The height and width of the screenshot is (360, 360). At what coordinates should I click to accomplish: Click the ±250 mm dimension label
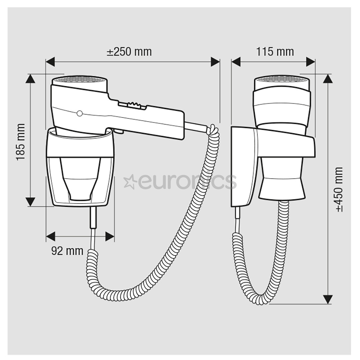click(129, 52)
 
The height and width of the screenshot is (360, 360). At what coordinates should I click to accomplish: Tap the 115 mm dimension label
click(275, 52)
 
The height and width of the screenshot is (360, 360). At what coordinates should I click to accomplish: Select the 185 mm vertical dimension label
click(21, 142)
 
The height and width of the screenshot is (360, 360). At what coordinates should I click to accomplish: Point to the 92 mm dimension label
click(67, 251)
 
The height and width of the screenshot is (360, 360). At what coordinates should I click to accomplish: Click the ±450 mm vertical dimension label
click(339, 189)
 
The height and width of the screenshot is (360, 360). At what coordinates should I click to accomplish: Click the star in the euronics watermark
click(129, 182)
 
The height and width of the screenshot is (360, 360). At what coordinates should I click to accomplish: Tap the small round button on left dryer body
click(79, 114)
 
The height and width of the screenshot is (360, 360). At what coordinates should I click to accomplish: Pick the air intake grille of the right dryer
click(282, 80)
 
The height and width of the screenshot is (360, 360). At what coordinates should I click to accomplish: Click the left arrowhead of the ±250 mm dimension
click(50, 62)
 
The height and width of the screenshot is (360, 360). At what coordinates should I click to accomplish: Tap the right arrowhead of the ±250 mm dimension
click(215, 62)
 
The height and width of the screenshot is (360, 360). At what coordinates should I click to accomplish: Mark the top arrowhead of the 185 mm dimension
click(31, 79)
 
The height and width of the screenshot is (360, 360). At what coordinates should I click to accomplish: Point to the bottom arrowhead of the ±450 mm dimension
click(328, 299)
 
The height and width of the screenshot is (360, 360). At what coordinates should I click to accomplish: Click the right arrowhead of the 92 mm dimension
click(110, 237)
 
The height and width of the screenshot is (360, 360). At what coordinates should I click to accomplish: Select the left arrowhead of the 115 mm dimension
click(236, 62)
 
